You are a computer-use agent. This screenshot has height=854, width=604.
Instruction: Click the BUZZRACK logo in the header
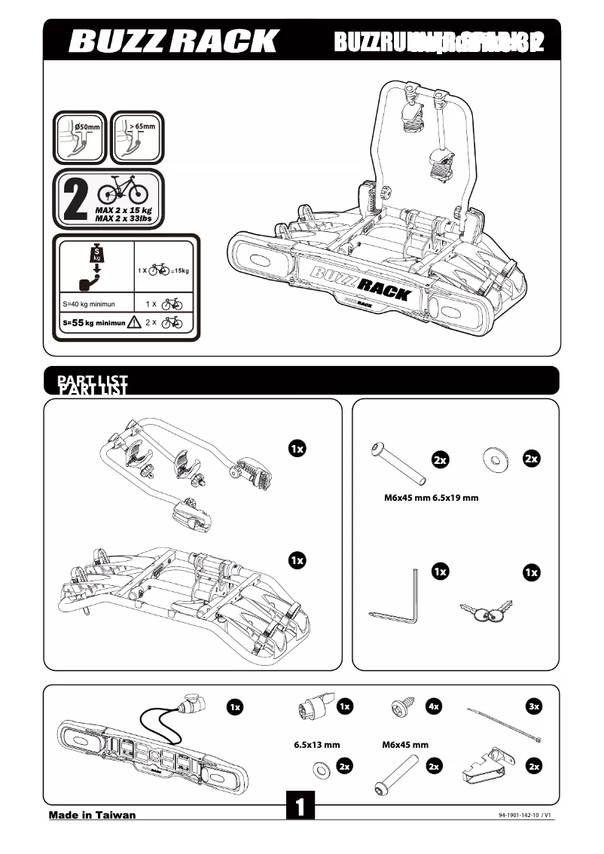click(x=173, y=41)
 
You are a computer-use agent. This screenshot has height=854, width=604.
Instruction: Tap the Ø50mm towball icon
click(x=79, y=137)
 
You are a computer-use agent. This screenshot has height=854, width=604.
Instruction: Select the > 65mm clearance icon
click(x=137, y=137)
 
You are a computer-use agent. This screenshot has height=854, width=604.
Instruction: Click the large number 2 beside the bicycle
click(x=75, y=199)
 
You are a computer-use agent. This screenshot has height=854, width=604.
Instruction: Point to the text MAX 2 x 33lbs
click(x=123, y=218)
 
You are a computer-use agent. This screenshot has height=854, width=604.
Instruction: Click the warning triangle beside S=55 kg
click(x=135, y=322)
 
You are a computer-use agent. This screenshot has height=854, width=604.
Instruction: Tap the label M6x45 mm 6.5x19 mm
click(x=426, y=498)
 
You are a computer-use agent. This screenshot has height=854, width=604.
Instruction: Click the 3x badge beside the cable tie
click(x=534, y=706)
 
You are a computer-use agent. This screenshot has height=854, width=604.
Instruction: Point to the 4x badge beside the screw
click(x=433, y=706)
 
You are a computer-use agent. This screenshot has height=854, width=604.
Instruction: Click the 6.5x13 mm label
click(x=316, y=745)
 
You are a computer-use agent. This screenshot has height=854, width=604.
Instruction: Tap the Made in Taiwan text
click(x=92, y=815)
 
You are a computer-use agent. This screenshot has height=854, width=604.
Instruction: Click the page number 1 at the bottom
click(x=300, y=807)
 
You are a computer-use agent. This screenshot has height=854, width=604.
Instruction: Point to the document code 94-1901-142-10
click(x=525, y=816)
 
